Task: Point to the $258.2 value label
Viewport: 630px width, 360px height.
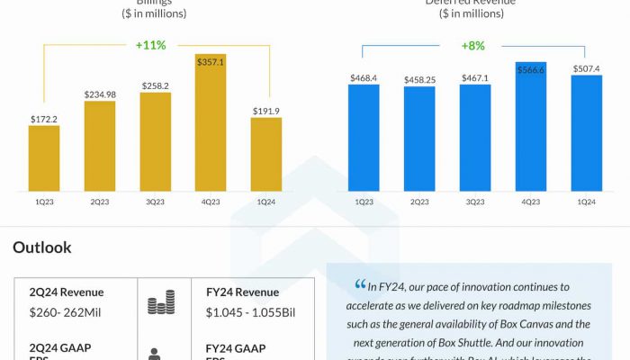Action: [155, 85]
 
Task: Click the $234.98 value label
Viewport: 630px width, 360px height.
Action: [100, 94]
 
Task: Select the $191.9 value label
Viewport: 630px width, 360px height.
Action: [266, 111]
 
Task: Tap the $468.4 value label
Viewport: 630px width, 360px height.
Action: [364, 77]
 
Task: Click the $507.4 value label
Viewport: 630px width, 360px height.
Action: [586, 68]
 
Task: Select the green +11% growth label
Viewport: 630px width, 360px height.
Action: [150, 45]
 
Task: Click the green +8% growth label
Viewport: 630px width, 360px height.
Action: [473, 45]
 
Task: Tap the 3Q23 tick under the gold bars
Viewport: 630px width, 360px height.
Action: [155, 202]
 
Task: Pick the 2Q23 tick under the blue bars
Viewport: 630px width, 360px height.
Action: [419, 202]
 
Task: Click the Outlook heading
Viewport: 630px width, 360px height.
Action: [42, 247]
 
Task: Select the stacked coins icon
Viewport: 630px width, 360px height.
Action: [161, 304]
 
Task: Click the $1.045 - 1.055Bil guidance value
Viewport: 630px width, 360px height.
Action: [253, 312]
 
